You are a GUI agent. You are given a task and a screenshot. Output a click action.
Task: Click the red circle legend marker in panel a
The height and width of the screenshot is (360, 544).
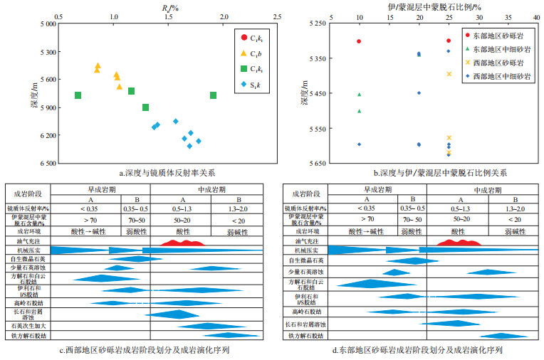[244, 37]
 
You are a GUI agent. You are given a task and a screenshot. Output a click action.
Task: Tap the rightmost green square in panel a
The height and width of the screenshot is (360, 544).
[214, 95]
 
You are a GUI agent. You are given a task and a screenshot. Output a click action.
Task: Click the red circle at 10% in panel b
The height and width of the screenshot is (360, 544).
[359, 41]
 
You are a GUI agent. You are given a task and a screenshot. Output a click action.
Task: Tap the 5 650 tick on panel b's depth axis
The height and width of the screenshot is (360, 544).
[318, 163]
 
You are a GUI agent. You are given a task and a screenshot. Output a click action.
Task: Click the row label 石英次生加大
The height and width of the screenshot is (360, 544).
[29, 325]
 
